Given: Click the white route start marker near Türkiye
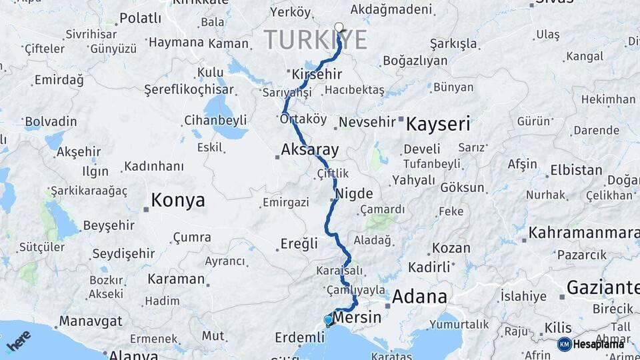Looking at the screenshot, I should (x=339, y=28).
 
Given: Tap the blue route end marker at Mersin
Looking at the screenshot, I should (x=328, y=320).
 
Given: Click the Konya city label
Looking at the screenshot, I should (x=177, y=200).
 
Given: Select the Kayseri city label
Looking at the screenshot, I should (x=438, y=123).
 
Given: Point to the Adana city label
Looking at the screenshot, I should (x=419, y=297).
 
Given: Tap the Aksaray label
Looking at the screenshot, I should (x=311, y=149).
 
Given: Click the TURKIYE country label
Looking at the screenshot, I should (x=316, y=40).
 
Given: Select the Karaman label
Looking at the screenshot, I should (x=176, y=279).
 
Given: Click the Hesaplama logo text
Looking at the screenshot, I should (x=600, y=344).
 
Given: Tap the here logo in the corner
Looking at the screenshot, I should (x=19, y=341).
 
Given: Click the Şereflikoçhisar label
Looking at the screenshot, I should (x=189, y=89).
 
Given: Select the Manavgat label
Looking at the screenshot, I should (x=91, y=321).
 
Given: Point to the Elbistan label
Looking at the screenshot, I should (x=576, y=170).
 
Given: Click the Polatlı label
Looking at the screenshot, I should (x=141, y=18).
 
